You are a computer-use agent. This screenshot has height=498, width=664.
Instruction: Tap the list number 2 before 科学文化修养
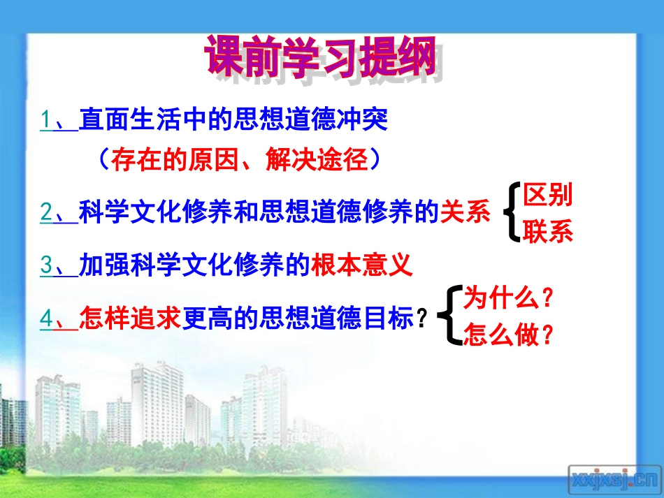pyautogui.click(x=46, y=212)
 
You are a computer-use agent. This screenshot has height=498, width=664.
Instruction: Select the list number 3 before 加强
pyautogui.click(x=46, y=265)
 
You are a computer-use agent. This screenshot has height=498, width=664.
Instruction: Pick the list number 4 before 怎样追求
pyautogui.click(x=46, y=318)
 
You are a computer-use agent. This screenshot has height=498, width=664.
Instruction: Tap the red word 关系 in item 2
pyautogui.click(x=465, y=212)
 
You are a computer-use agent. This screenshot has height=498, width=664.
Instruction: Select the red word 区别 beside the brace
pyautogui.click(x=548, y=195)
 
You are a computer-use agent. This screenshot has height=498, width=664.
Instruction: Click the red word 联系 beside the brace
pyautogui.click(x=548, y=230)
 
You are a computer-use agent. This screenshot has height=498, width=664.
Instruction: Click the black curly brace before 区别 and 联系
pyautogui.click(x=512, y=212)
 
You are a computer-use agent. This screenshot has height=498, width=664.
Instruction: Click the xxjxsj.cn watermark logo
pyautogui.click(x=613, y=479)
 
